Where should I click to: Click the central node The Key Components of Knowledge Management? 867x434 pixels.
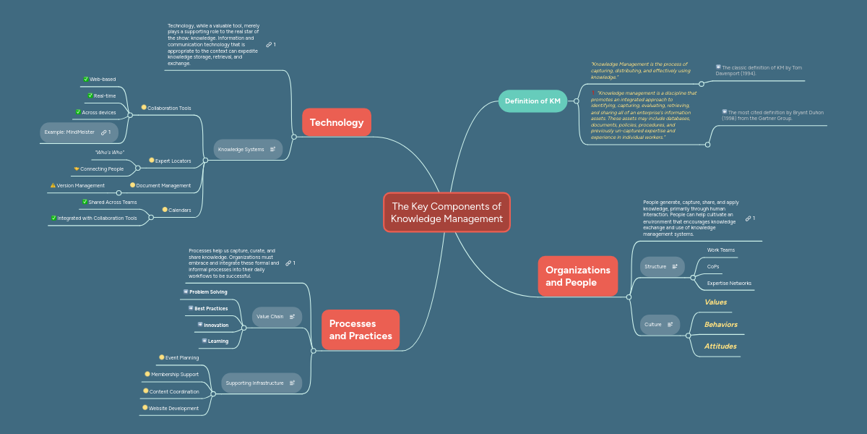[x=447, y=212]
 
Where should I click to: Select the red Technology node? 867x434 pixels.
[x=336, y=122]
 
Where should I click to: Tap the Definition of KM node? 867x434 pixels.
[x=532, y=101]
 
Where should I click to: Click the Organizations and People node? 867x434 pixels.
[x=577, y=276]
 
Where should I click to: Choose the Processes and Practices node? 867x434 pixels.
[x=360, y=330]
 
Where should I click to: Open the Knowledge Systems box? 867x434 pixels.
[x=247, y=149]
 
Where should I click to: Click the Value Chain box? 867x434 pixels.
[x=276, y=316]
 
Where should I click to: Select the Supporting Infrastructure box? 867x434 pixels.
[x=261, y=383]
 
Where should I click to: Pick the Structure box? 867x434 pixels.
[x=661, y=266]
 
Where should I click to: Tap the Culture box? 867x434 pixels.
[x=659, y=325]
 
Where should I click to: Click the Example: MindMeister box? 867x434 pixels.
[x=78, y=132]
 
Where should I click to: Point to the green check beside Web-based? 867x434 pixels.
[x=86, y=79]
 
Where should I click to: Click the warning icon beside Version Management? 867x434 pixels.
[x=53, y=185]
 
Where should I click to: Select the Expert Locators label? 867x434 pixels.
[x=173, y=161]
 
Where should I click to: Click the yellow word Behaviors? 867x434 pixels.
[x=720, y=325]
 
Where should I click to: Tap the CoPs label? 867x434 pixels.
[x=712, y=266]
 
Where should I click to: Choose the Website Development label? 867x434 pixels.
[x=173, y=408]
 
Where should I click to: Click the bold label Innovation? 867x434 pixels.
[x=215, y=325]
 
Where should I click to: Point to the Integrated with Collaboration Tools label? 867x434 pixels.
[x=97, y=218]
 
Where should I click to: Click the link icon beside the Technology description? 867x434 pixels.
[x=269, y=45]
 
